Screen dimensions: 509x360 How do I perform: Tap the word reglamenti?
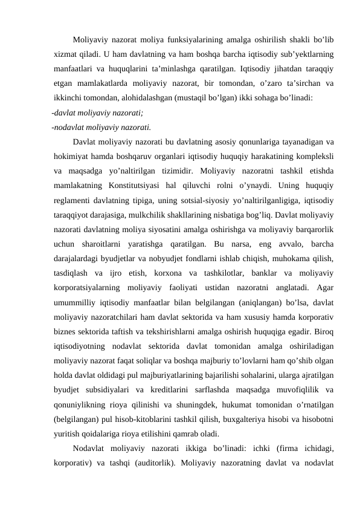(72, 199)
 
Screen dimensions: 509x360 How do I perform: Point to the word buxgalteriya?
(251, 418)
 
